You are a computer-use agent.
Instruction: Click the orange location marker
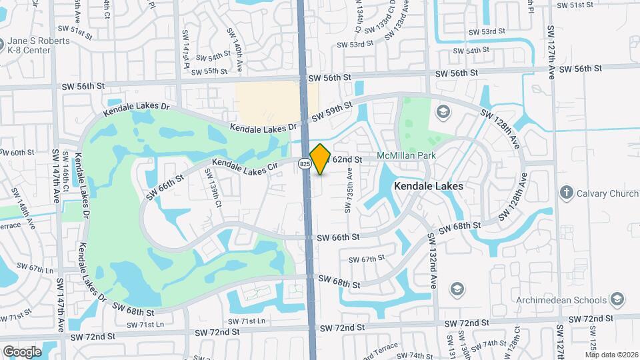click(x=321, y=159)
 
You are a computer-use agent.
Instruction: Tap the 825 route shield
click(x=304, y=163)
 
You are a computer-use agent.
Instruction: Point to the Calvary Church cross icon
click(x=566, y=192)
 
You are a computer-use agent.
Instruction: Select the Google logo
click(x=22, y=351)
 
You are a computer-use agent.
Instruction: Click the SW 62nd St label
click(x=347, y=160)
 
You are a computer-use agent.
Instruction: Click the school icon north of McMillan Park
click(x=441, y=111)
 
